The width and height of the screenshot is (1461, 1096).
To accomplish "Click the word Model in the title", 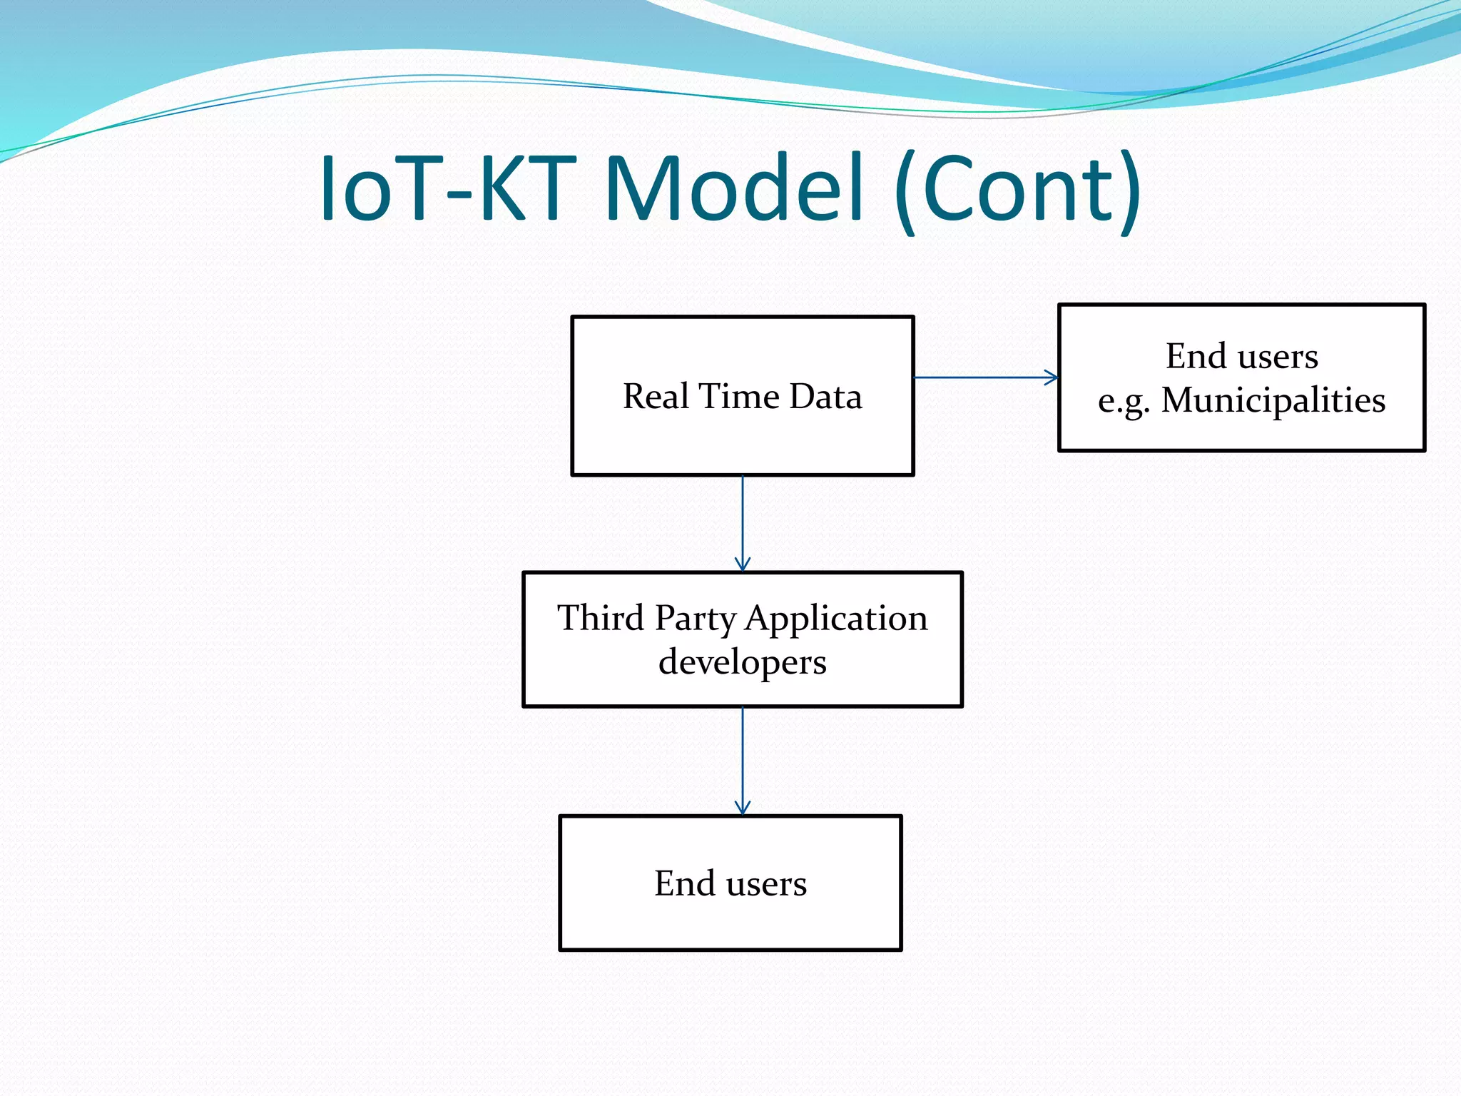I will [735, 190].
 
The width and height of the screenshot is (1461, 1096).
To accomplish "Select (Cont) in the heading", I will [1017, 190].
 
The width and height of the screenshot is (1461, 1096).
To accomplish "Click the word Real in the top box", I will [656, 397].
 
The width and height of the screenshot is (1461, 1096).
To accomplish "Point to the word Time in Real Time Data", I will [740, 397].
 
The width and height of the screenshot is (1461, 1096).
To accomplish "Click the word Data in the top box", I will [825, 397].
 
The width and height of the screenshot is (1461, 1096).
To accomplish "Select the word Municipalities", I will [1273, 400].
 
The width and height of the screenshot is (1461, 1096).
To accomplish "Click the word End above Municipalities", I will [1196, 356].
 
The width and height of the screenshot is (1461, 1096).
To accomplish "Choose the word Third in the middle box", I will [601, 618].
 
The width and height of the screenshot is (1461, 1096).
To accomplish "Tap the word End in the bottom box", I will [685, 883].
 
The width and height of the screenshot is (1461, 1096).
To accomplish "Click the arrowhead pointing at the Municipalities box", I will [1052, 377].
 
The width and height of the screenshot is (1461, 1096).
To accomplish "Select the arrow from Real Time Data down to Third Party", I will [743, 521].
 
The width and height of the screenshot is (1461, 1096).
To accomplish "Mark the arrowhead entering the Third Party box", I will [743, 564].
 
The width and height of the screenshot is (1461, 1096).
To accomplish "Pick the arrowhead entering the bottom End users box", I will [743, 808].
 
